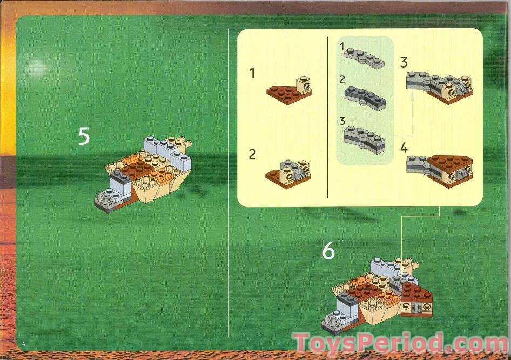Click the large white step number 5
pyautogui.click(x=84, y=136)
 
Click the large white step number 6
pyautogui.click(x=328, y=251)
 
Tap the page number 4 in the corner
pyautogui.click(x=24, y=344)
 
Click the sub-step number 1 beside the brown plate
pyautogui.click(x=252, y=73)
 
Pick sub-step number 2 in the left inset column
pyautogui.click(x=252, y=155)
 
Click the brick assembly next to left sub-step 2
pyautogui.click(x=289, y=170)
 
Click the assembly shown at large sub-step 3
pyautogui.click(x=439, y=86)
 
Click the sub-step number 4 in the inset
pyautogui.click(x=404, y=148)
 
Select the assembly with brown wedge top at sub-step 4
pyautogui.click(x=440, y=169)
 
